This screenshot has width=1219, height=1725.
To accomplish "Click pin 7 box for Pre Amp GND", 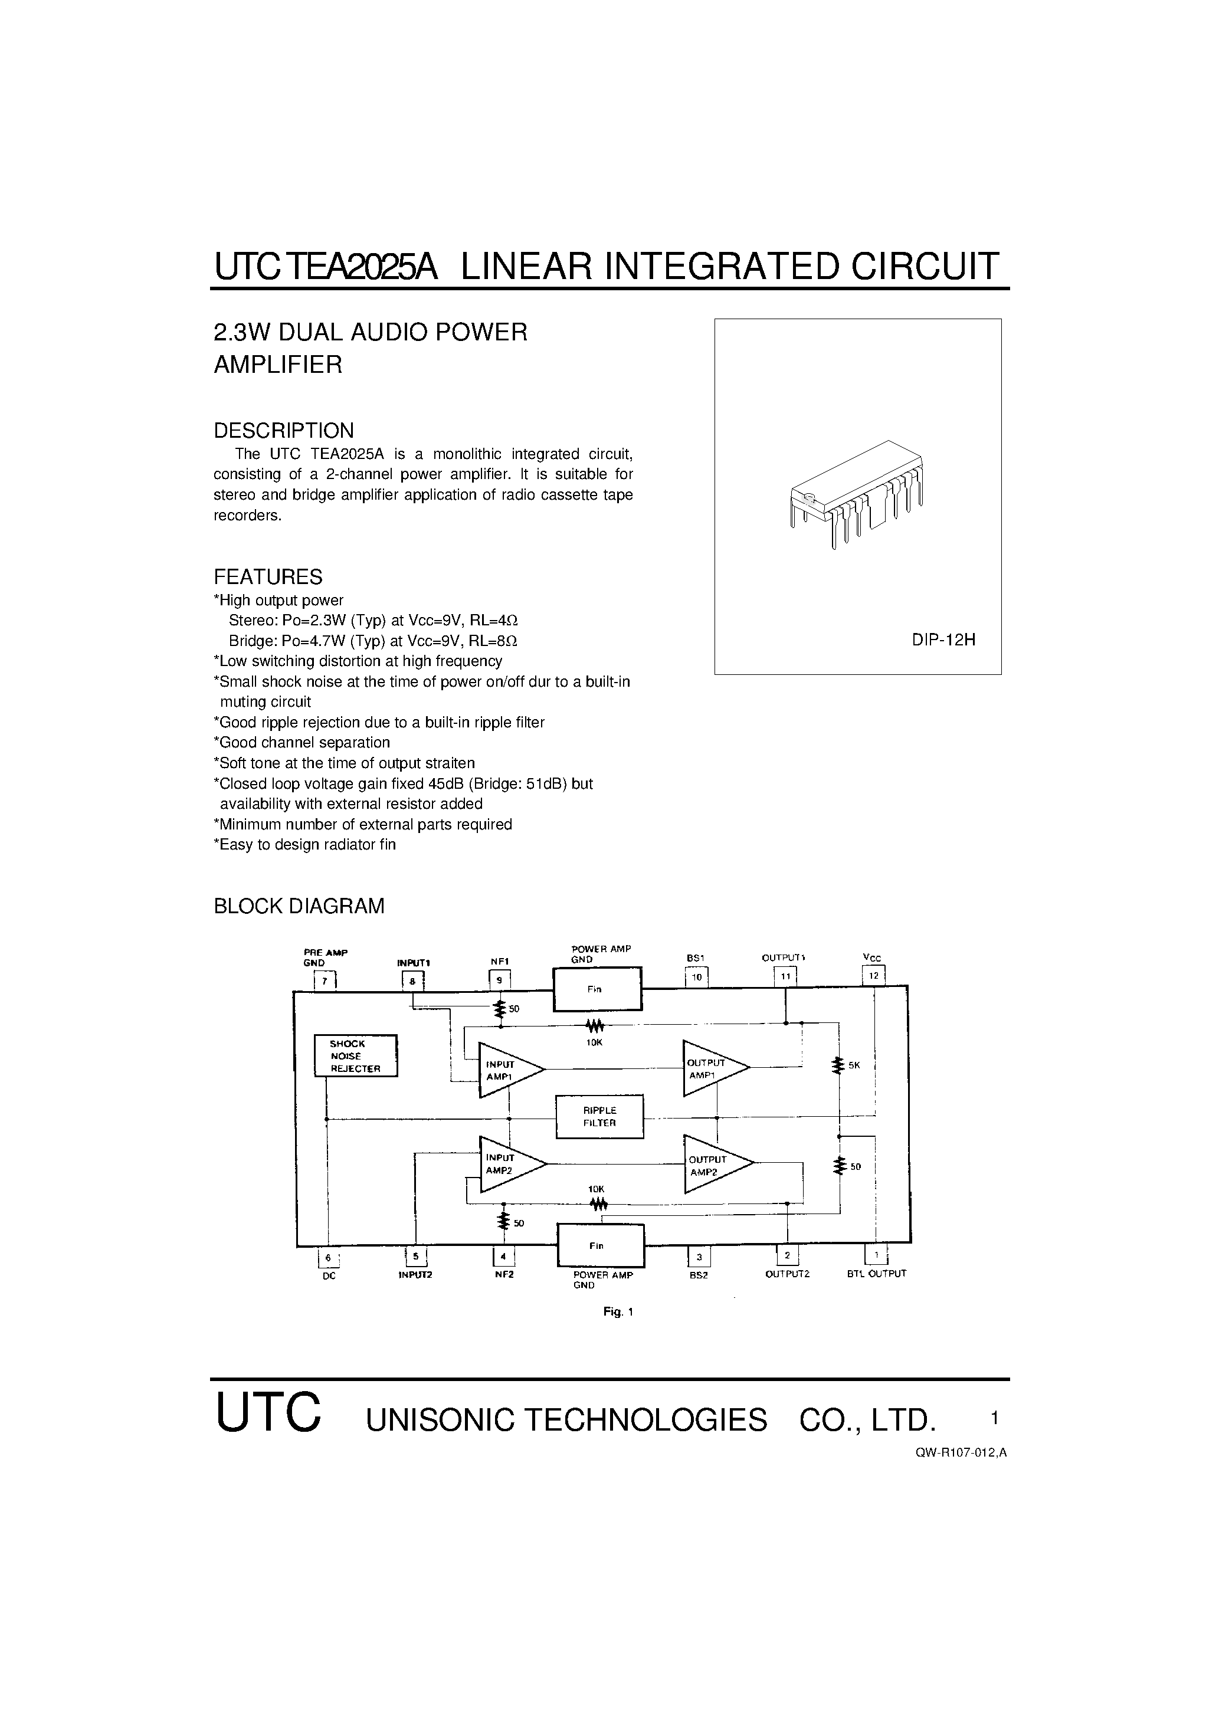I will [325, 981].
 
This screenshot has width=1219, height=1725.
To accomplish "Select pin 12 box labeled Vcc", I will [873, 976].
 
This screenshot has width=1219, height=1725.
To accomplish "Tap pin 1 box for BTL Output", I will [876, 1255].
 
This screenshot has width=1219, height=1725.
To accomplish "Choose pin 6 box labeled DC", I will [329, 1258].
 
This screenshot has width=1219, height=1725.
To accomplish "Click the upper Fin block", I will [598, 989].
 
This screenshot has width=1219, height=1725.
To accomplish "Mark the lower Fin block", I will [599, 1245].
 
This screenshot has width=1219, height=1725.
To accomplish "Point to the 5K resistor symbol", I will [837, 1065].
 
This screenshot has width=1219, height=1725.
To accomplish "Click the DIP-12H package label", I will [943, 640].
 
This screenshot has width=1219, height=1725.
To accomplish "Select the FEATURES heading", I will [268, 577].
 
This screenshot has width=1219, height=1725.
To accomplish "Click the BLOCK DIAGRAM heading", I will [299, 906].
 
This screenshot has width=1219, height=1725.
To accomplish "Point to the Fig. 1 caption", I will [618, 1312].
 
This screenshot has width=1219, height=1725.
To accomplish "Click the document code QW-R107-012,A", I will [961, 1452].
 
